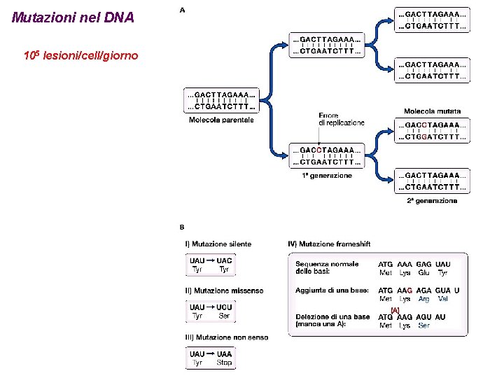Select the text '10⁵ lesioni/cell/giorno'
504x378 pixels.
coord(80,54)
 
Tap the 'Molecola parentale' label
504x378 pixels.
coord(221,120)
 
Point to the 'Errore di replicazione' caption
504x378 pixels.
coord(341,119)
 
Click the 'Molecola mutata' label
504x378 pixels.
coord(432,111)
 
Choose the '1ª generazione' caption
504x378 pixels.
coord(327,176)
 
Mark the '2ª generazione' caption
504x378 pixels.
coord(432,201)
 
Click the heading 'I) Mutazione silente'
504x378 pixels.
coord(218,244)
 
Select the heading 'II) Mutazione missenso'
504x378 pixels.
coord(224,290)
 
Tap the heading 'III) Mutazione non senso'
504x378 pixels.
coord(227,337)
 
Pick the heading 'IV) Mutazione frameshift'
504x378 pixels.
coord(329,244)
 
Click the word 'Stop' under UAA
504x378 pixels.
coord(224,363)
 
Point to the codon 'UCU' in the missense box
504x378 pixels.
coord(224,307)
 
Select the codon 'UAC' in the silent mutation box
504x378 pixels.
coord(224,260)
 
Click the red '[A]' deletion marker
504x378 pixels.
coord(395,309)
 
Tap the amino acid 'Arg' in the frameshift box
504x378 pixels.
coord(424,299)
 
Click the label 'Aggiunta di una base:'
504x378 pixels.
coord(332,290)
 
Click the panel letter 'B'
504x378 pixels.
coord(182,227)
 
